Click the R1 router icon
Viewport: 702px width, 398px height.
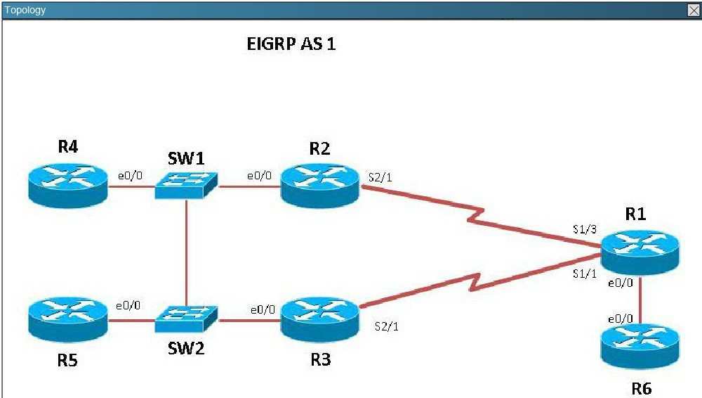point(640,252)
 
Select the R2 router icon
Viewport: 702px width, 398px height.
point(319,186)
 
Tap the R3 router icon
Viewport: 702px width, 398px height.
point(319,320)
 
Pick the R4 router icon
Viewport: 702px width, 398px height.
point(68,186)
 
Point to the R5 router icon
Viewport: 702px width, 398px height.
point(68,320)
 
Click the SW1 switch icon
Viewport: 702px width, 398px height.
point(186,186)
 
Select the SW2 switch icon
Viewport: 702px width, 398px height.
point(186,319)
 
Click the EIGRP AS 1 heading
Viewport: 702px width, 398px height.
point(291,44)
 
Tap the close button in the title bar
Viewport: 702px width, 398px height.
point(694,11)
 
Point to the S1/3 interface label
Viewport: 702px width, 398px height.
point(585,229)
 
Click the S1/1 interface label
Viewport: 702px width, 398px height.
point(585,274)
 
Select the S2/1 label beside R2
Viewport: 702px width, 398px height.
point(380,177)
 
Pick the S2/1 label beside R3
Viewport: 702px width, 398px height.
point(386,326)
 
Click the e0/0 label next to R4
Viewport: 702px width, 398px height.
point(131,175)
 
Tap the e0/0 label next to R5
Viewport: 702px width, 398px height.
point(128,306)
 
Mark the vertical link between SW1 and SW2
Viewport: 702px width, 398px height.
point(186,252)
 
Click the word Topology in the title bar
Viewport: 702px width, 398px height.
point(25,10)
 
